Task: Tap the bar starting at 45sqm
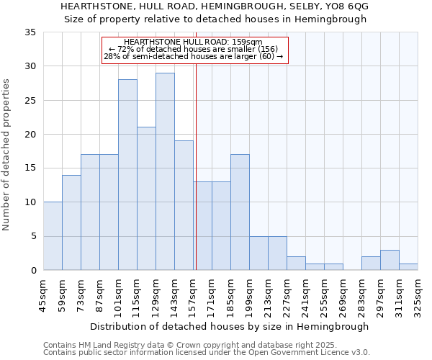tap(53, 236)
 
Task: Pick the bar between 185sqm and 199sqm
tap(240, 212)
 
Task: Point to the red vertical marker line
tap(196, 166)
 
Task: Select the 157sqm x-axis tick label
tap(193, 295)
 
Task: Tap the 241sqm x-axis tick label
tap(305, 295)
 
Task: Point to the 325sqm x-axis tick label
tap(418, 295)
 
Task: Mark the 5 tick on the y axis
tap(33, 237)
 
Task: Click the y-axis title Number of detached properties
tap(6, 156)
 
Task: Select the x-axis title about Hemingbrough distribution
tap(230, 326)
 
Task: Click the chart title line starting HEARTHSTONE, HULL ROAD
tap(215, 6)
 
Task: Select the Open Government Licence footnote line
tap(207, 353)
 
